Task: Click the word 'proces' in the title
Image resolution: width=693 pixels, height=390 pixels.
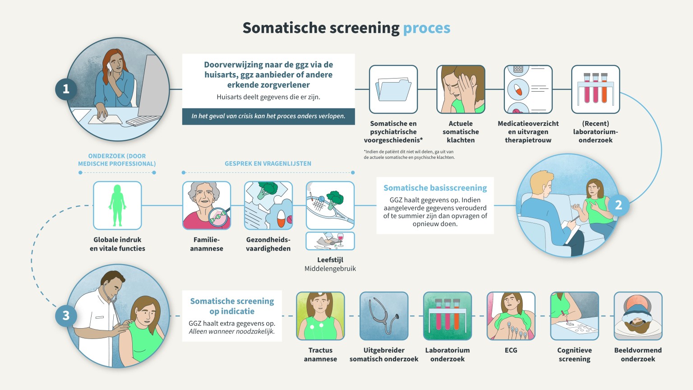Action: [426, 28]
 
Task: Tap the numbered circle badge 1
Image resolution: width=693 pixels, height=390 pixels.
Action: [66, 89]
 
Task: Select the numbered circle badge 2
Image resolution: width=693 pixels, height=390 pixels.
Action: [618, 205]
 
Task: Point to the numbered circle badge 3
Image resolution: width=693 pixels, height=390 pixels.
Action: [66, 316]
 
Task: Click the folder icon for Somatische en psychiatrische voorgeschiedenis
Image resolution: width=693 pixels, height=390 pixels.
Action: [393, 89]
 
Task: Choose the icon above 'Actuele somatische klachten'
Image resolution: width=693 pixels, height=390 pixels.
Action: [461, 89]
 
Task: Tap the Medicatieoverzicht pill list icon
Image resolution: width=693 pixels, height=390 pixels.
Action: [528, 89]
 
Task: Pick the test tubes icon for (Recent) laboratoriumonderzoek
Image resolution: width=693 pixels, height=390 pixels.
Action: [596, 89]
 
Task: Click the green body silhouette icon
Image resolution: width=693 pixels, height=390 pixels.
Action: [117, 205]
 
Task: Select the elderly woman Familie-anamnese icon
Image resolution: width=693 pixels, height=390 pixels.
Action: [207, 205]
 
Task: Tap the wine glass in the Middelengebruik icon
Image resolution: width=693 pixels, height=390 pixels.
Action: [340, 239]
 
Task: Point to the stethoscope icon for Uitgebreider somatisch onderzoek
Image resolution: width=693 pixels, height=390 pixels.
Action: [384, 316]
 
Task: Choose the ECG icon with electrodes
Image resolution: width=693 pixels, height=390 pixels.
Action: [511, 316]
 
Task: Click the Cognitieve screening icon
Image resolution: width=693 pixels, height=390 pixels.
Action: [574, 316]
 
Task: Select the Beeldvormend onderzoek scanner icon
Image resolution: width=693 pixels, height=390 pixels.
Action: [638, 316]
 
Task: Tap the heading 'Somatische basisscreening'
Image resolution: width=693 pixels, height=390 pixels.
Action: [435, 188]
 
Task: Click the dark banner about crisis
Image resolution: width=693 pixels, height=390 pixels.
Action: [268, 116]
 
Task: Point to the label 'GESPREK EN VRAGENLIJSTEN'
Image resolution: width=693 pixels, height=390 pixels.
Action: [268, 163]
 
